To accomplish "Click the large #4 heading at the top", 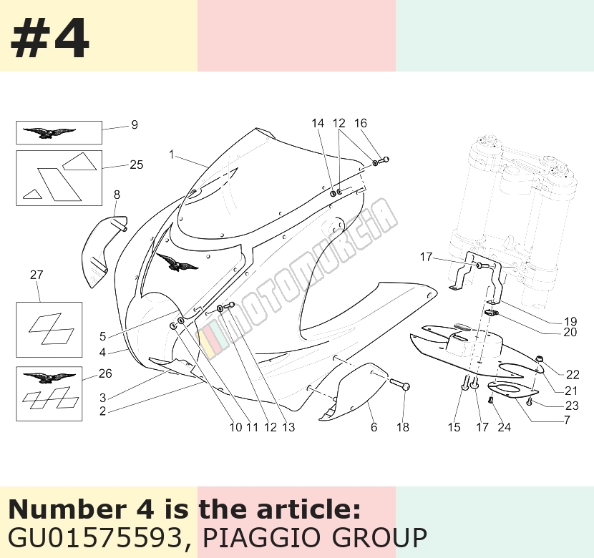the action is (49, 37).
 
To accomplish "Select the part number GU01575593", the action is (95, 537).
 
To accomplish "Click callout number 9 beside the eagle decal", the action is (134, 124).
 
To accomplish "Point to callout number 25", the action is (137, 165).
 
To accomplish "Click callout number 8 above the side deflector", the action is (117, 195).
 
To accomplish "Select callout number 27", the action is (36, 275).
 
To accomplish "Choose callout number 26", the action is (105, 373).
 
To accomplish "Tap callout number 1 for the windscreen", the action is (172, 155).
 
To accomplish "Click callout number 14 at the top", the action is (318, 123).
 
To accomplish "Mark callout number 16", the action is (360, 123).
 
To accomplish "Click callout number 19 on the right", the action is (570, 321).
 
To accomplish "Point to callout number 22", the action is (573, 374).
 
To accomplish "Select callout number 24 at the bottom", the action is (504, 427).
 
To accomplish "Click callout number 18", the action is (403, 427).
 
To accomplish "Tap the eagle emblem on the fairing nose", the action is (177, 263).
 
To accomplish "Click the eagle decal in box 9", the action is (49, 133).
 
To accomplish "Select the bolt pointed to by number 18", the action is (399, 385).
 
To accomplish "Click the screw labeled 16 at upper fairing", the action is (384, 160).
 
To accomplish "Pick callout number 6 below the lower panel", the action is (374, 427).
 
